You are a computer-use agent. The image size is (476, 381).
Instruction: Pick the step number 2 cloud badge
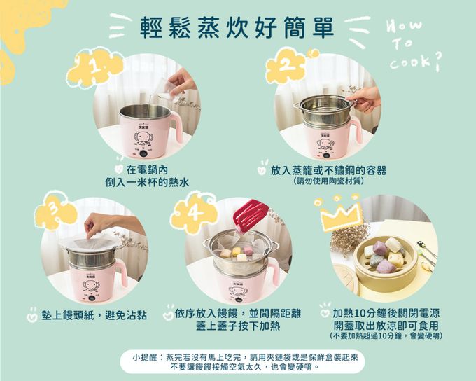point(286,67)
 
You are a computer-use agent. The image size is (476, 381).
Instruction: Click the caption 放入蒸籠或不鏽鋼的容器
point(328,170)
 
